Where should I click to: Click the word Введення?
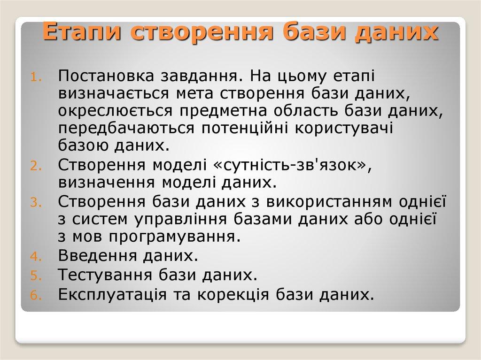coord(94,256)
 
